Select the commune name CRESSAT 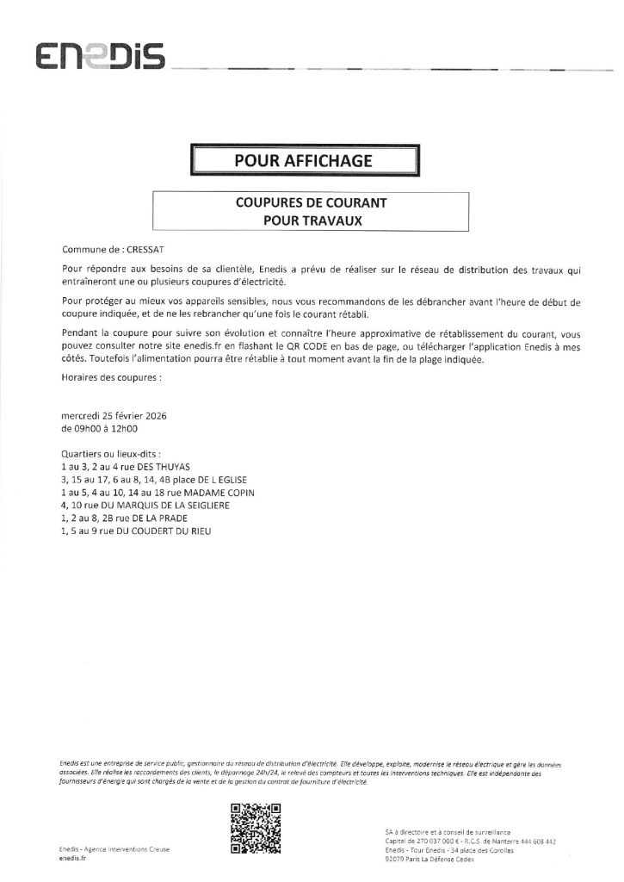tap(134, 246)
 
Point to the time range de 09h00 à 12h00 tap(100, 427)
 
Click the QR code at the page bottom tap(256, 827)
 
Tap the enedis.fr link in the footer tap(73, 859)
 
